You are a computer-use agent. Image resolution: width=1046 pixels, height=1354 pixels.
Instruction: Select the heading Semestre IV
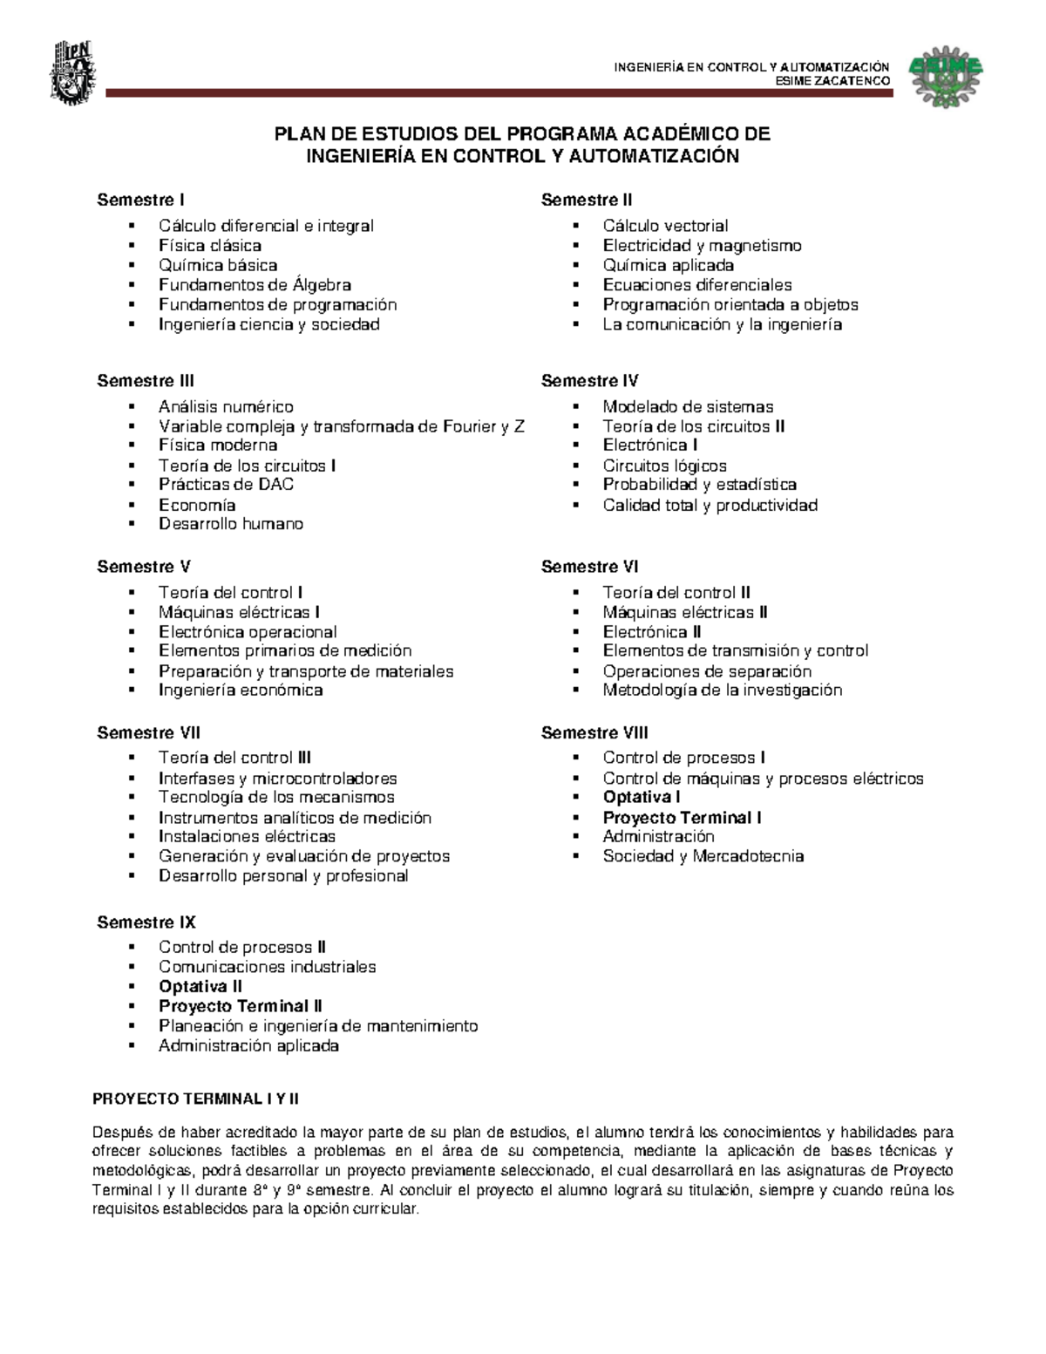[x=589, y=381]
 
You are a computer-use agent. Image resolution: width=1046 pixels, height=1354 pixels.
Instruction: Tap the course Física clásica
[x=209, y=246]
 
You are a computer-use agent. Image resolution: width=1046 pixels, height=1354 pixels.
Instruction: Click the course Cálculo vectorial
[x=665, y=226]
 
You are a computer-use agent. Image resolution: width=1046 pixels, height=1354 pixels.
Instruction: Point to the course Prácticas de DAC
[x=226, y=485]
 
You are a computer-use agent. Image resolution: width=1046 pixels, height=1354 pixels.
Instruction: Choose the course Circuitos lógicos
[x=664, y=466]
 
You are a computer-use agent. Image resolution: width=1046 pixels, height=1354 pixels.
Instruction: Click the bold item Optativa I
[x=641, y=797]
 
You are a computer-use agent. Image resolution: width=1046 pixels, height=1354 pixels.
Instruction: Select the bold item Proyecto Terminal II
[x=241, y=1006]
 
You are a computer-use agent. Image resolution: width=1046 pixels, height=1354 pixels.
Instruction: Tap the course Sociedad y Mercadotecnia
[x=703, y=856]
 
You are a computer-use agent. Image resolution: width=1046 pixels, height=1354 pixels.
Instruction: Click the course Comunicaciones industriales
[x=267, y=967]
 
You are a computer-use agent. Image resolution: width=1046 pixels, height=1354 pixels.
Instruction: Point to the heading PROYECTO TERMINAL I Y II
[x=195, y=1099]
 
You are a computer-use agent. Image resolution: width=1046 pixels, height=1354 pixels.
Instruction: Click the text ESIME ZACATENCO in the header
[x=832, y=81]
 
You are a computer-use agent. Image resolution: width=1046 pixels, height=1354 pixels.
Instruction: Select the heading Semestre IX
[x=146, y=922]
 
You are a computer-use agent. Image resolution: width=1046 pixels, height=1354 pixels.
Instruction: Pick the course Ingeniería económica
[x=241, y=691]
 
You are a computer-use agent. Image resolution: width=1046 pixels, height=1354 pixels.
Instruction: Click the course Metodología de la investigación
[x=722, y=691]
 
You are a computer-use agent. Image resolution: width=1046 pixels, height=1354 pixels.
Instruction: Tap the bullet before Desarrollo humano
[x=132, y=525]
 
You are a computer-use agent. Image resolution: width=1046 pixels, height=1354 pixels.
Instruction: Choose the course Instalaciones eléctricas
[x=247, y=837]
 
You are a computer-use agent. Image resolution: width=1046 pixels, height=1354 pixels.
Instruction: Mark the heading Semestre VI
[x=589, y=567]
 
